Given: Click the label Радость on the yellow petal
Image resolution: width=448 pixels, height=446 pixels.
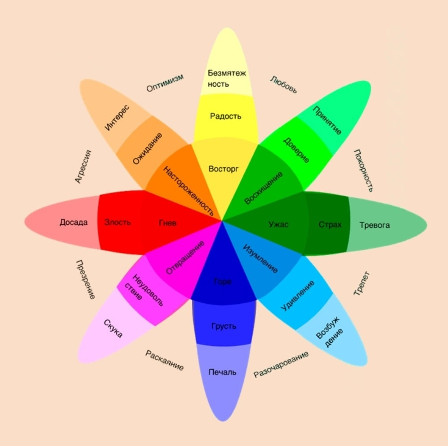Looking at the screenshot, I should click(225, 116).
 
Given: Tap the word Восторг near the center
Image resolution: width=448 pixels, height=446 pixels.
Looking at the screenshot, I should click(224, 169).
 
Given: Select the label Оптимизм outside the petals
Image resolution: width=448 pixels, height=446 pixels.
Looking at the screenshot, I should click(165, 83).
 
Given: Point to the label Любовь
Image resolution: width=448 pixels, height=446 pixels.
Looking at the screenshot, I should click(283, 84).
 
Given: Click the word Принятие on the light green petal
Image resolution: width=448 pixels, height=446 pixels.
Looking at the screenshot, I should click(327, 120).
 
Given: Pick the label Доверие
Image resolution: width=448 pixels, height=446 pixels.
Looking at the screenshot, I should click(296, 150).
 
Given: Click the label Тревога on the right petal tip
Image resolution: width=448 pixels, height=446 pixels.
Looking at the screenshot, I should click(374, 225).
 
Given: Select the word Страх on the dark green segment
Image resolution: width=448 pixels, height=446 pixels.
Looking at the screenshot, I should click(330, 224).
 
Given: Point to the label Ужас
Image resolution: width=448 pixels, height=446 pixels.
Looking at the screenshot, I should click(278, 224).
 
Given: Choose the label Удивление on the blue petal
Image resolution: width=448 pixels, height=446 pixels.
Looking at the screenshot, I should click(298, 296).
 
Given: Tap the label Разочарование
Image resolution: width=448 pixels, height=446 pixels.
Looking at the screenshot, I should click(281, 365).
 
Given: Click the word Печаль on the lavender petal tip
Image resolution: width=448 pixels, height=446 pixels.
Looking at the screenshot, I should click(222, 372).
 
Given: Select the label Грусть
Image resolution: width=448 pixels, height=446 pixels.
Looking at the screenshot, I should click(224, 326).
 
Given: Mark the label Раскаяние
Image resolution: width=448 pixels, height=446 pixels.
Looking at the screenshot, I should click(165, 360).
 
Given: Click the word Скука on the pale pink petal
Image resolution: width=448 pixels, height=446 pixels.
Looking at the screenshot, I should click(113, 329).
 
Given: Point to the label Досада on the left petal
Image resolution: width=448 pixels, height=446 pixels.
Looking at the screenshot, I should click(73, 222).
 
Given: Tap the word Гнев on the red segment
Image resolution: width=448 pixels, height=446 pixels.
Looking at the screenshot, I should click(167, 223).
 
